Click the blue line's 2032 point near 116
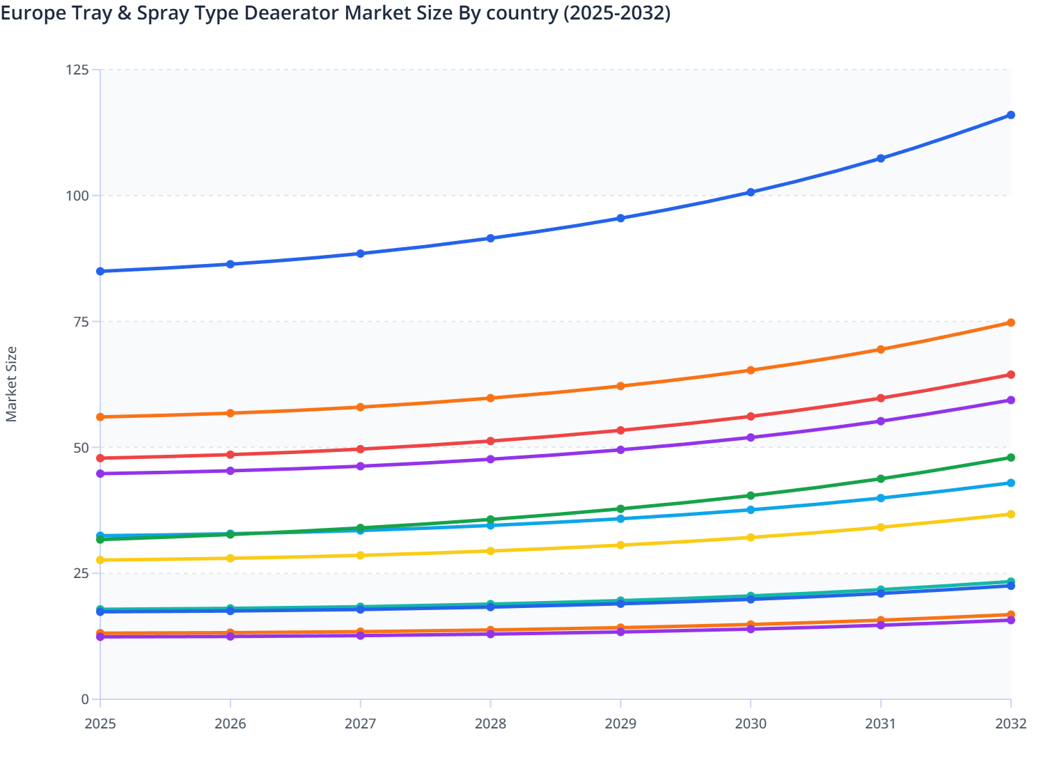[1010, 115]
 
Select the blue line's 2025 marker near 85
[100, 271]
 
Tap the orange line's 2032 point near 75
[1010, 322]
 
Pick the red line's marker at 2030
[751, 416]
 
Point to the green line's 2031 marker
[881, 478]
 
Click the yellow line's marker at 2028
[490, 551]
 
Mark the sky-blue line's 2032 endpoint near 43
[1010, 483]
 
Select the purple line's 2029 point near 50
[620, 450]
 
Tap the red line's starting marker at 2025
[100, 458]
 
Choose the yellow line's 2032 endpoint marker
[1010, 514]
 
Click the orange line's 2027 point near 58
[360, 407]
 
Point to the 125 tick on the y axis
[77, 70]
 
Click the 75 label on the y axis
[81, 322]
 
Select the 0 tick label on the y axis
[85, 699]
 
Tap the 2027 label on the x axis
[360, 724]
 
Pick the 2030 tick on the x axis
[751, 724]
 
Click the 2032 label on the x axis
[1010, 724]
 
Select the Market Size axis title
[12, 384]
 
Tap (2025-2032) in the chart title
[616, 13]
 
